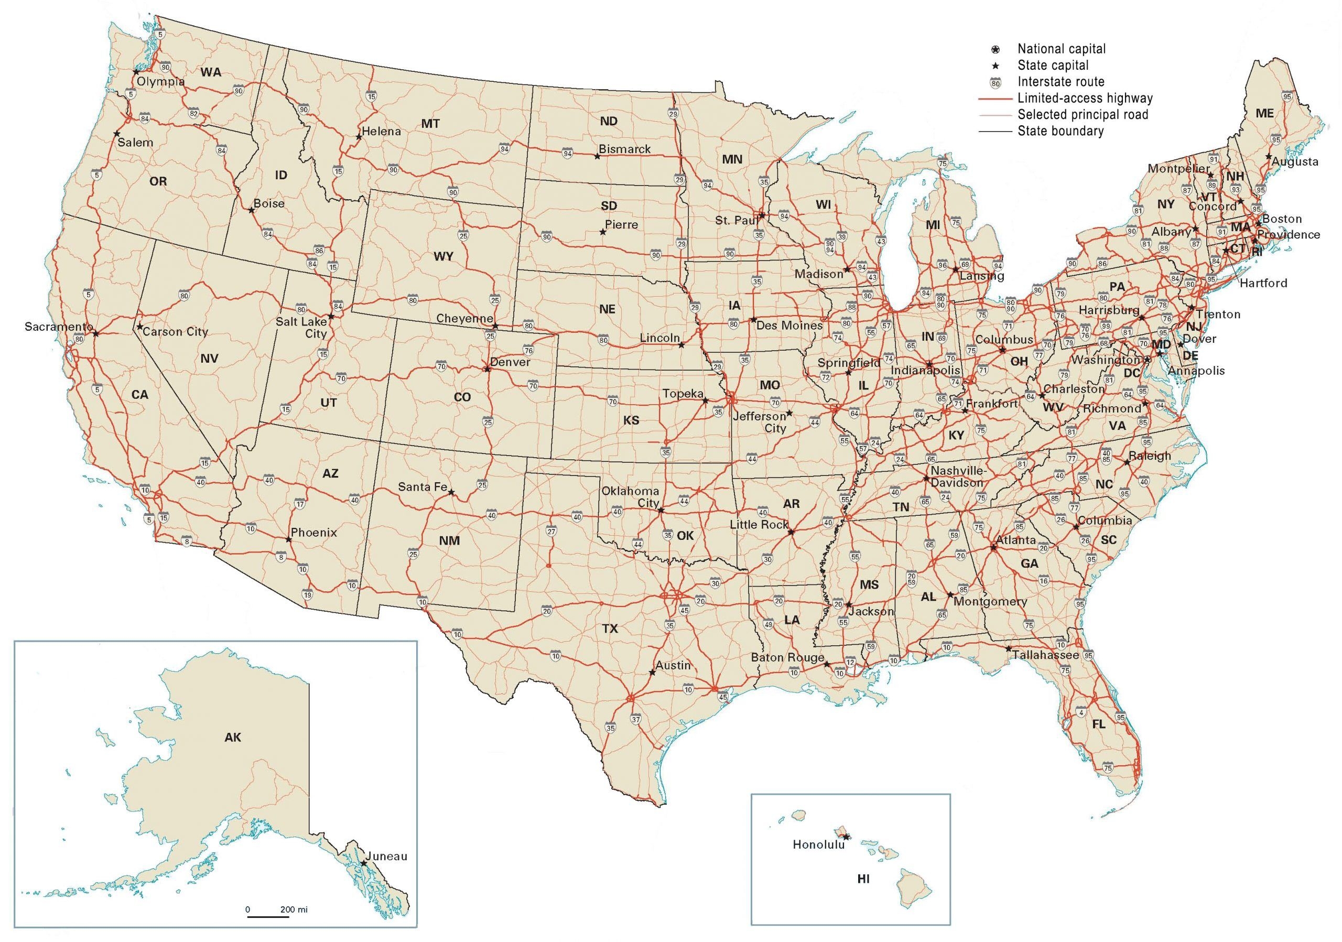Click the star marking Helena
pos(358,137)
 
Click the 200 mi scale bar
pos(268,916)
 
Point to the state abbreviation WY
pos(443,256)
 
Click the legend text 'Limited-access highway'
pos(1085,98)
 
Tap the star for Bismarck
pos(597,157)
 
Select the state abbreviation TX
pos(610,629)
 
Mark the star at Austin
pos(652,673)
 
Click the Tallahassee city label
pos(1046,655)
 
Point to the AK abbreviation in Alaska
pos(233,738)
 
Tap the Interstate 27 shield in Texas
pos(550,532)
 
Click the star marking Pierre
pos(602,232)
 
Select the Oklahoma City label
pos(630,497)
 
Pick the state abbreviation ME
pos(1264,114)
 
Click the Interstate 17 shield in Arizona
pos(300,504)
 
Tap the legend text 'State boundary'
pos(1060,131)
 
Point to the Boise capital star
pos(251,210)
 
